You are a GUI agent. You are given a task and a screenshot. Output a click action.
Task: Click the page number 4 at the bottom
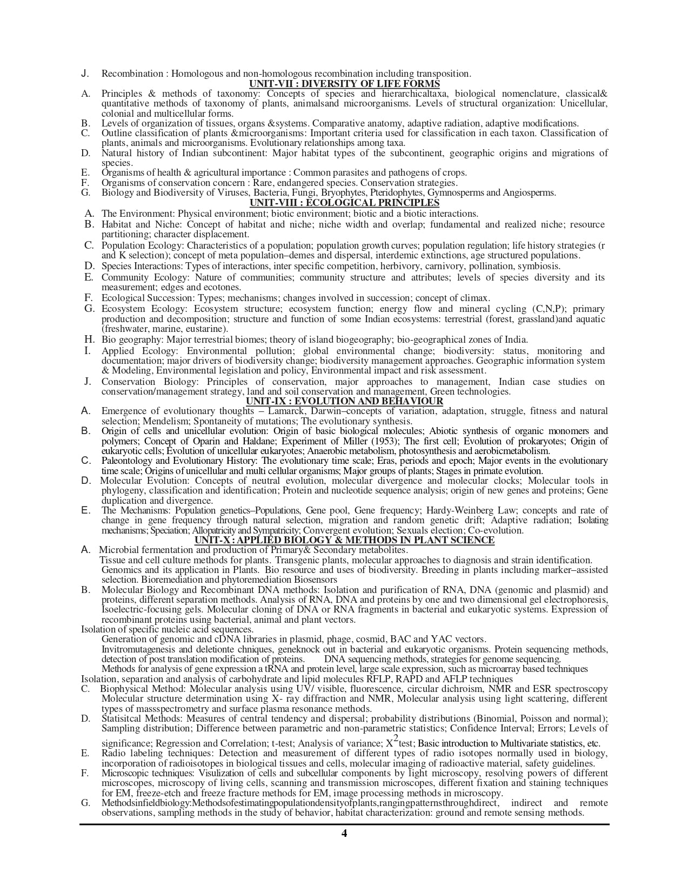[344, 833]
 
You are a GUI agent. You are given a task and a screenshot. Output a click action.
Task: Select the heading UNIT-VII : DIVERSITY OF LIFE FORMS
[344, 83]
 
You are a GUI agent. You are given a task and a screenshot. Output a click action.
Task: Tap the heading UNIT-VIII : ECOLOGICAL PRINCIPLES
[344, 203]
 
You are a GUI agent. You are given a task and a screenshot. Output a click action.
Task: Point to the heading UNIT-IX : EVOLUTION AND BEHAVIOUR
[344, 401]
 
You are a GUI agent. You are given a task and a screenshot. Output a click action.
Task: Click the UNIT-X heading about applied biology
[344, 540]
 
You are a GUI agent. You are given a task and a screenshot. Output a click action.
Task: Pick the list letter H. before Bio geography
[89, 340]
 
